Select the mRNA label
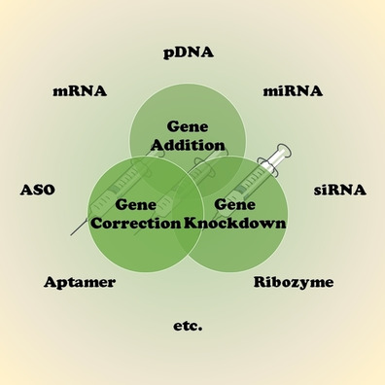click(80, 92)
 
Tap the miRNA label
click(293, 92)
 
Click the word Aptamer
click(80, 283)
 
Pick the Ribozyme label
click(294, 283)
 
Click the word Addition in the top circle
click(189, 145)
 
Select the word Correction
click(135, 222)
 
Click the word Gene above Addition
click(189, 127)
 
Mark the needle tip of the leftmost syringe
click(74, 233)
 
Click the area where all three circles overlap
click(189, 185)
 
